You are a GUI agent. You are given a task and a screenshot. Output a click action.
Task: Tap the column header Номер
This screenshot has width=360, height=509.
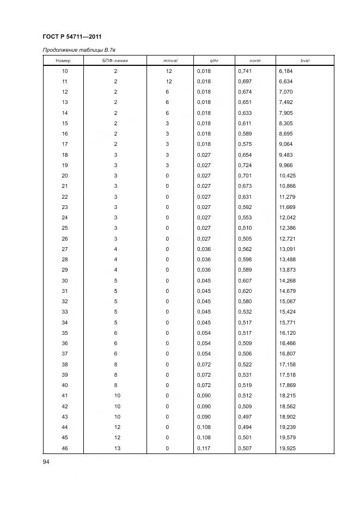pyautogui.click(x=64, y=60)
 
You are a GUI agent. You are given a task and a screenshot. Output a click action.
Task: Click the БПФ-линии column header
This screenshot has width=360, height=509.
pyautogui.click(x=115, y=60)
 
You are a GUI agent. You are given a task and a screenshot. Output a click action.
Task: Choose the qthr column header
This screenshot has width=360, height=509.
pyautogui.click(x=213, y=60)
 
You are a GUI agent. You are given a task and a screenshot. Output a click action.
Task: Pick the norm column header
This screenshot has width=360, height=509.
pyautogui.click(x=255, y=60)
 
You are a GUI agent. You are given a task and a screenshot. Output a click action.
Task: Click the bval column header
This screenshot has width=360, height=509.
pyautogui.click(x=304, y=60)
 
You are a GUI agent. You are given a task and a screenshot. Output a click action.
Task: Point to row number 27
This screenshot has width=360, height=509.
pyautogui.click(x=64, y=249)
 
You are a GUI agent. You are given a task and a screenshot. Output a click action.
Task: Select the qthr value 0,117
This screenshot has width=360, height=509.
pyautogui.click(x=203, y=449)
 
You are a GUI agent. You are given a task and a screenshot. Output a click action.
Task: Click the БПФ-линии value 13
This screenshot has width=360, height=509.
pyautogui.click(x=115, y=449)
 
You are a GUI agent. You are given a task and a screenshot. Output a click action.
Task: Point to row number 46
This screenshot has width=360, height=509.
pyautogui.click(x=64, y=449)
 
